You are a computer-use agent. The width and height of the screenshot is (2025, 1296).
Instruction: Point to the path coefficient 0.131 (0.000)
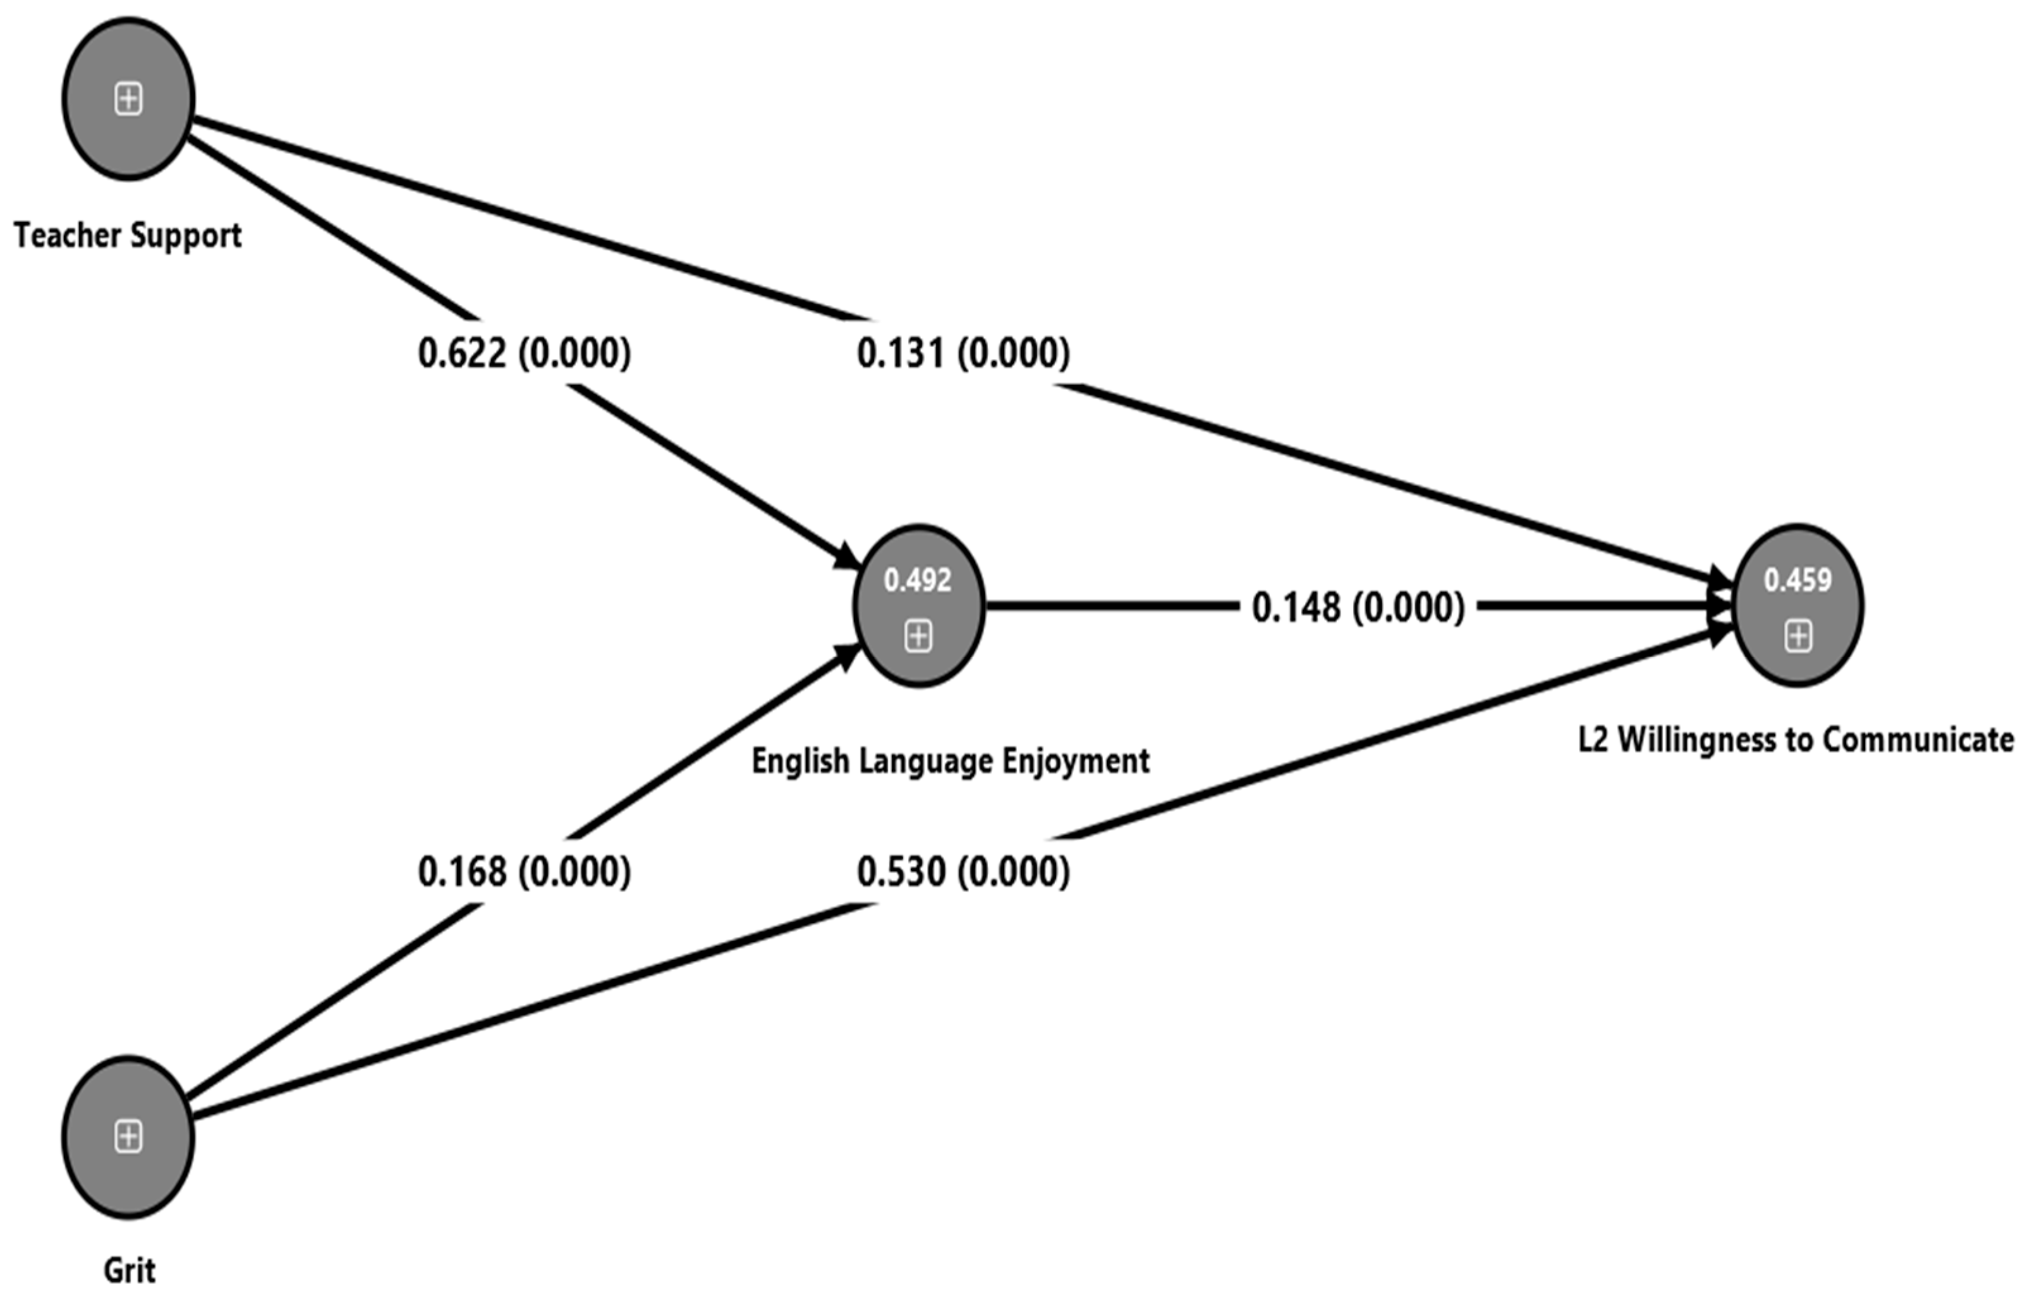pos(963,353)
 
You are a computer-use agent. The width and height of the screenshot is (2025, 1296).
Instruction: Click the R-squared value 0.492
pos(918,580)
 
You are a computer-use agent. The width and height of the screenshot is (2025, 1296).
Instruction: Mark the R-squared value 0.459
pos(1797,580)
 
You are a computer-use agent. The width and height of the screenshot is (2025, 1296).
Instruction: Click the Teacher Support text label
pos(128,236)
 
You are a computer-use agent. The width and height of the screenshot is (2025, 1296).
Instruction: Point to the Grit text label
pos(129,1270)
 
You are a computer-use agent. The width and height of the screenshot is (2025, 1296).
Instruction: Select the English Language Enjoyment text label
pos(950,761)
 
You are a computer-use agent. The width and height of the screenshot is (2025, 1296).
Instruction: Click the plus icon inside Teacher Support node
pos(128,99)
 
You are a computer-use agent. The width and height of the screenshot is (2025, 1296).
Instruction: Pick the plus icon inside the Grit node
pos(128,1137)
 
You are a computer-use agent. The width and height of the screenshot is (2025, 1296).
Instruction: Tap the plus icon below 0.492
pos(918,636)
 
